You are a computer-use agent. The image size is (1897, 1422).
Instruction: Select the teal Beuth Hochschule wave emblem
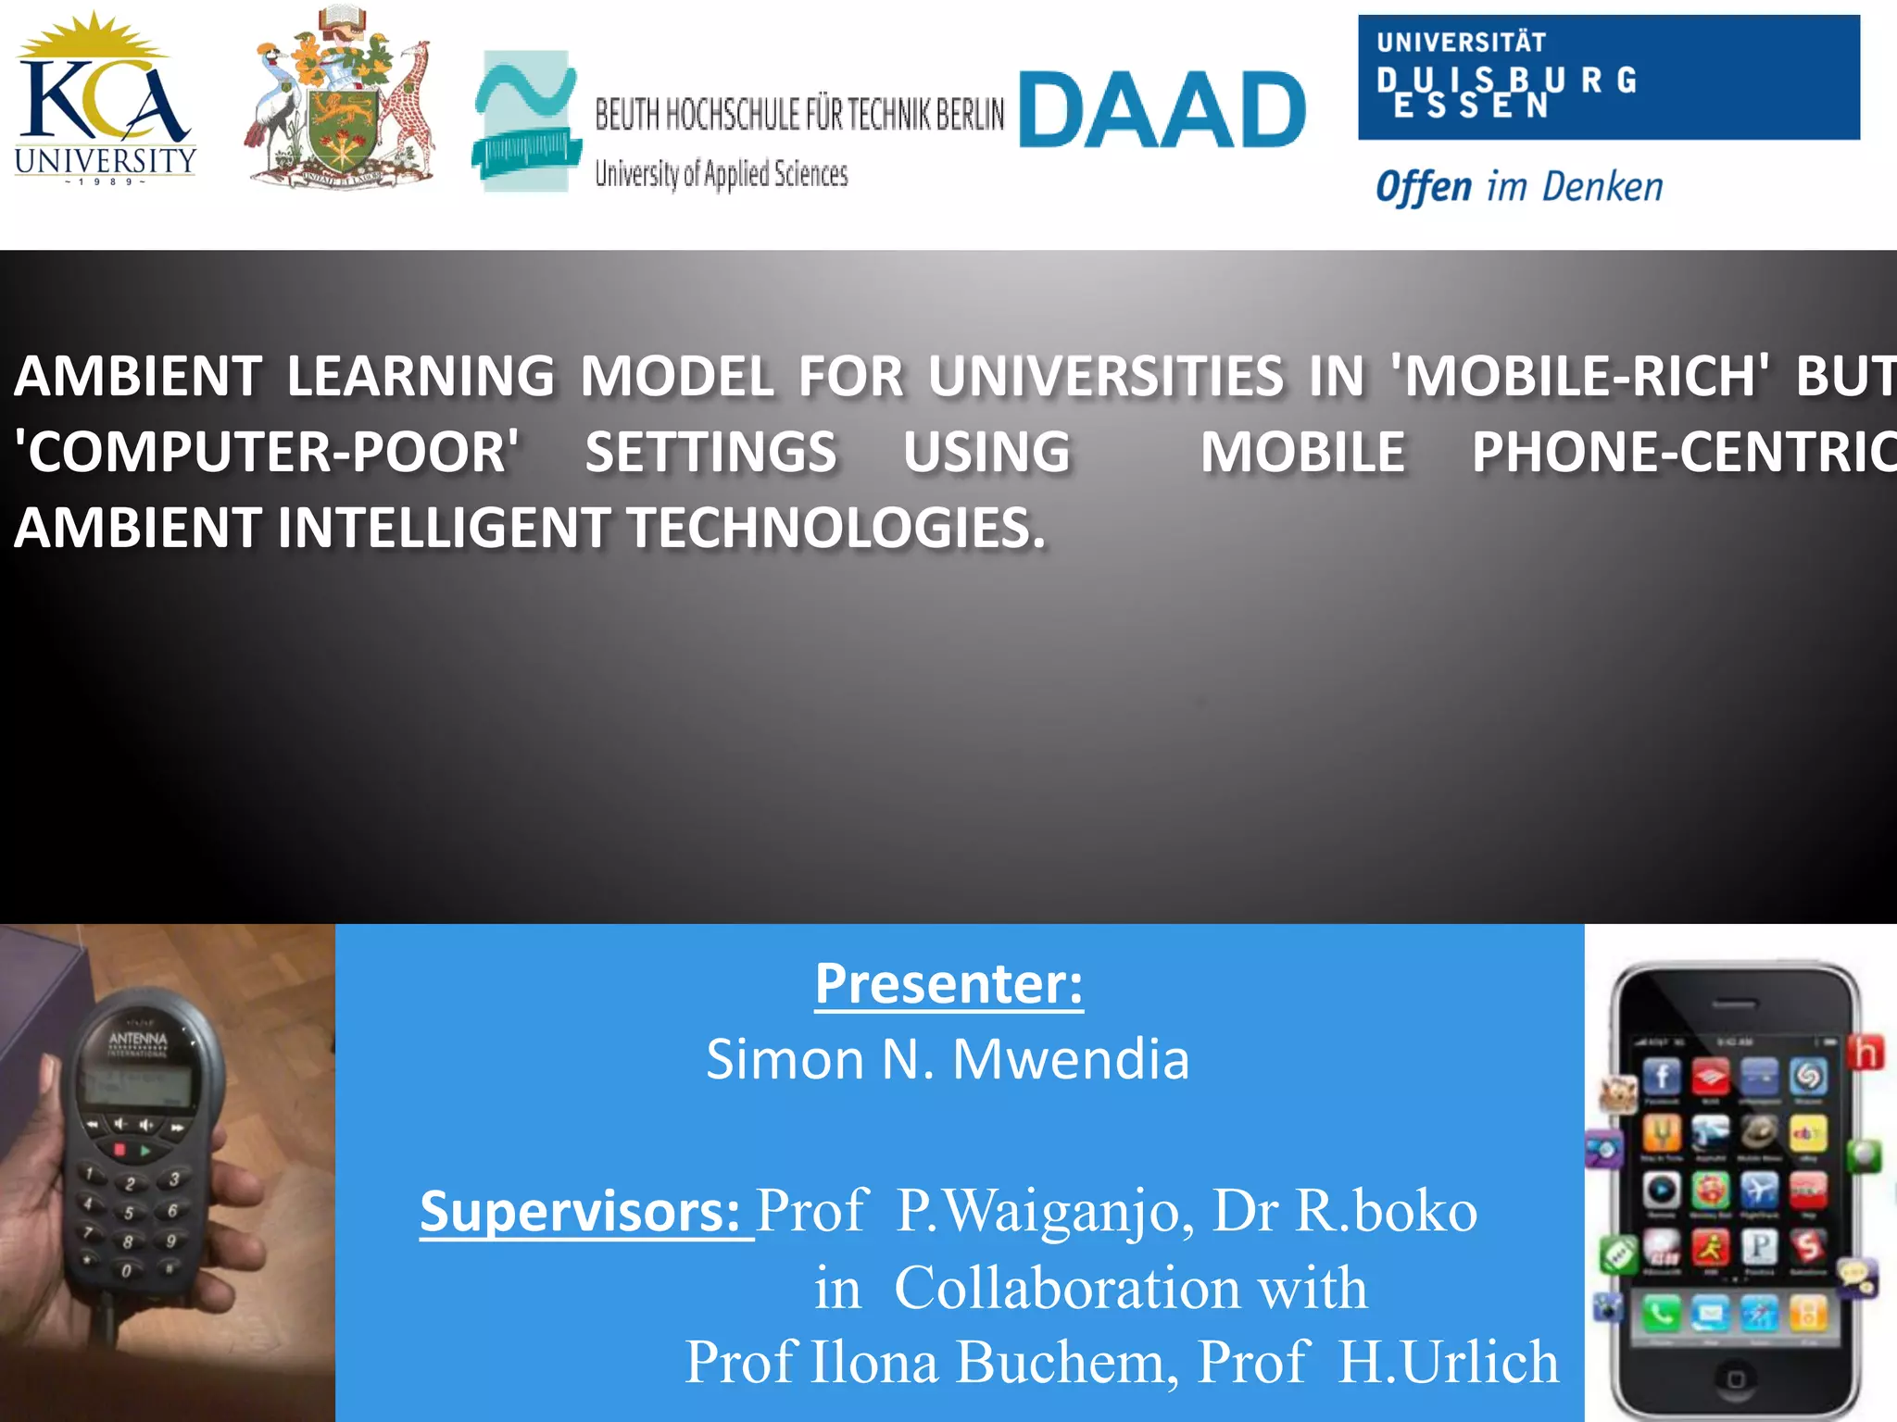tap(525, 120)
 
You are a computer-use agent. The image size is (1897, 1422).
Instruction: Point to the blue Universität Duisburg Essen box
tap(1608, 78)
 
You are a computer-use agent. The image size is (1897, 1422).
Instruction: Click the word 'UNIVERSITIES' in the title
tap(1106, 377)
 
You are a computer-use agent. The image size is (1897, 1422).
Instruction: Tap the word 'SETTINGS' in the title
tap(710, 453)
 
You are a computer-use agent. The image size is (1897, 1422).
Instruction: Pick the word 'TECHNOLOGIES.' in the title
tap(836, 529)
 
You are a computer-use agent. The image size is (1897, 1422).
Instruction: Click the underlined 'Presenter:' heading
tap(948, 984)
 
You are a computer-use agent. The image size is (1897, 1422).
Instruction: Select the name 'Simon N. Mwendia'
tap(948, 1059)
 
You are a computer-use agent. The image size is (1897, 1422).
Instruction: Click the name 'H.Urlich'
tap(1449, 1362)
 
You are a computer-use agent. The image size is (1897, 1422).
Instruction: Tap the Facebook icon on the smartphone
tap(1662, 1077)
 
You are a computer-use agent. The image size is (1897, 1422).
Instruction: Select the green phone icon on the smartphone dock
tap(1661, 1313)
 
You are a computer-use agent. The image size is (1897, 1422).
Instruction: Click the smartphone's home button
tap(1736, 1379)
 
